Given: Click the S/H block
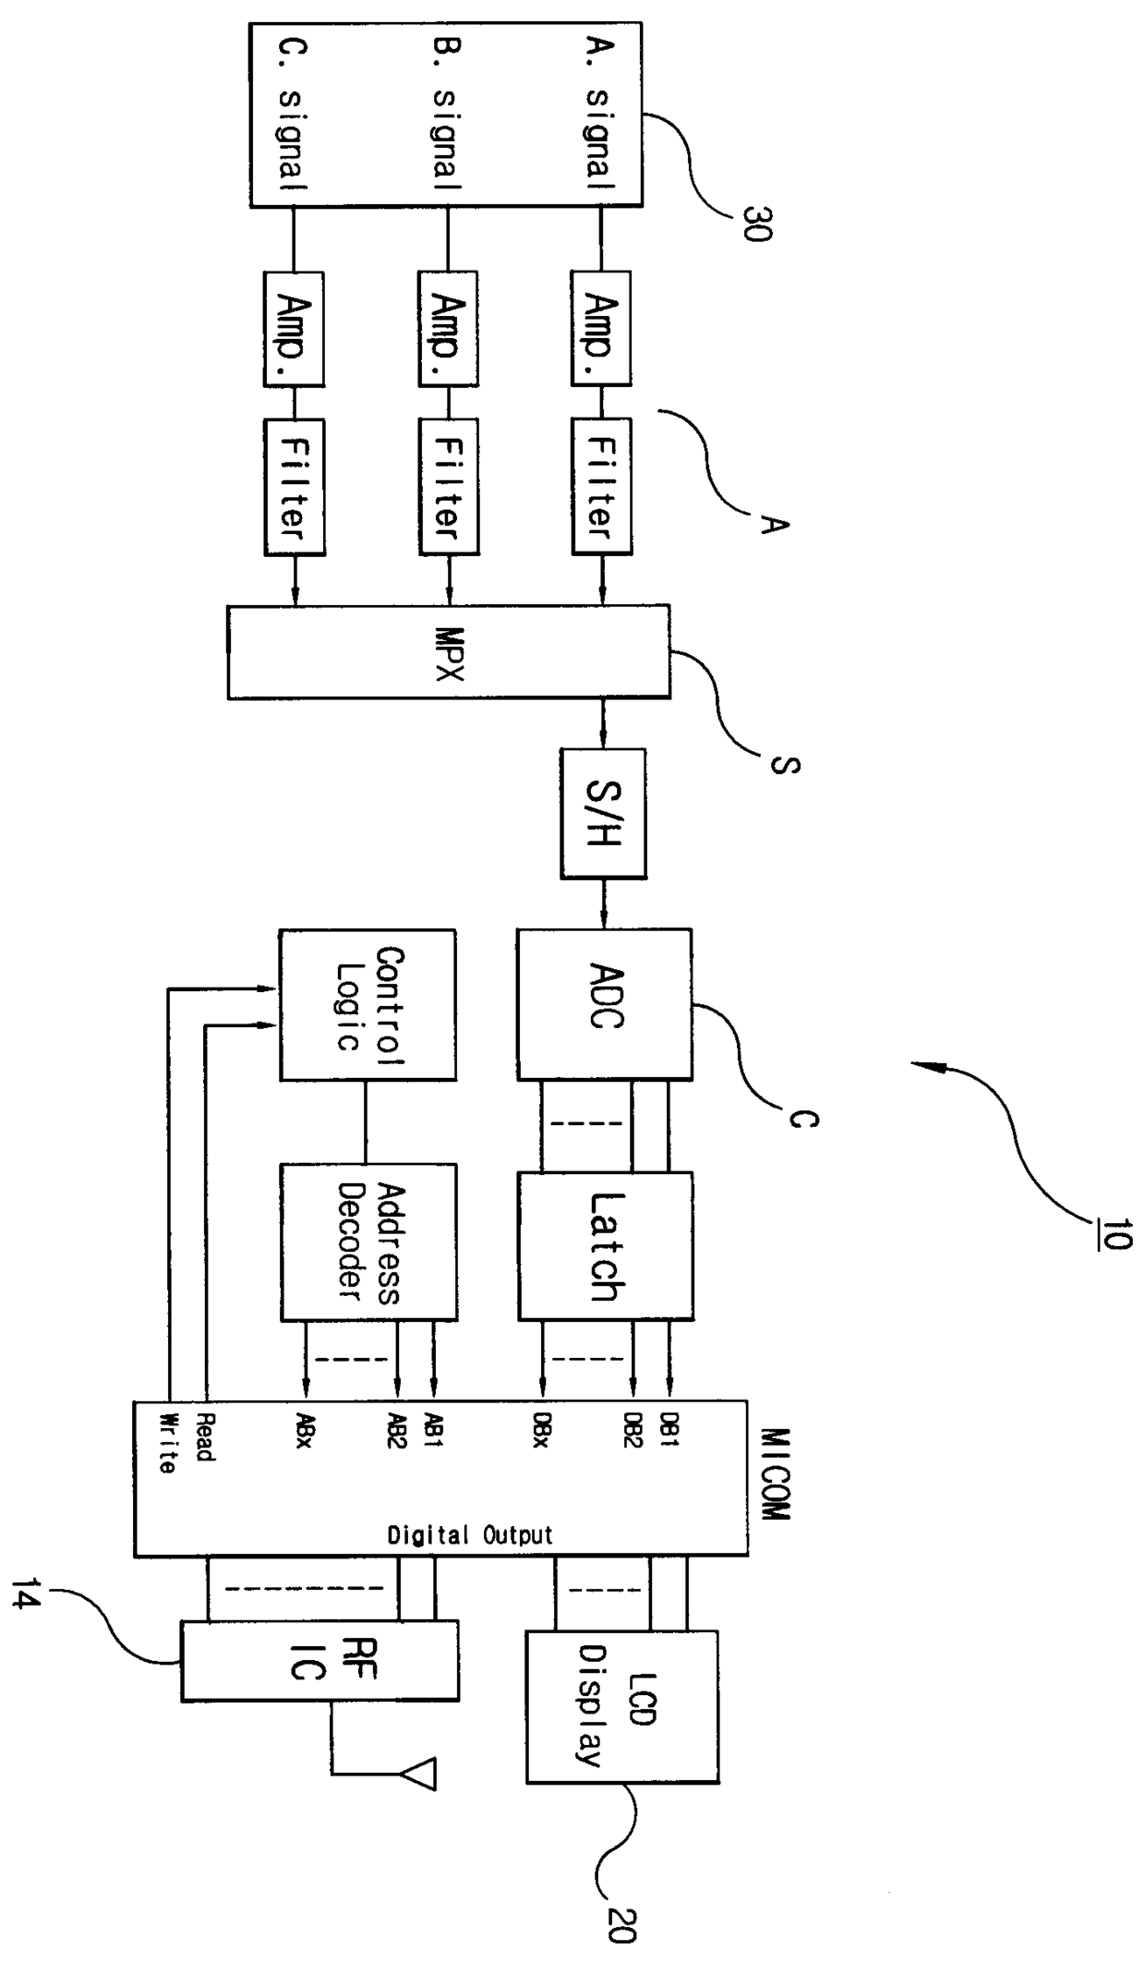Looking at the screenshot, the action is tap(603, 813).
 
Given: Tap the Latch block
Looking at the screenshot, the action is tap(605, 1246).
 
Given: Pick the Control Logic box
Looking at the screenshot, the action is tap(368, 1005).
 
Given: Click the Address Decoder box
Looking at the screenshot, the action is tap(368, 1241).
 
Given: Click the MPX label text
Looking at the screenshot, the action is tap(448, 654).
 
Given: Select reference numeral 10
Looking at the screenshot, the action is tap(1115, 1234).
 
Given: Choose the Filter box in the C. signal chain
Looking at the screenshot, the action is tap(295, 486).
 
